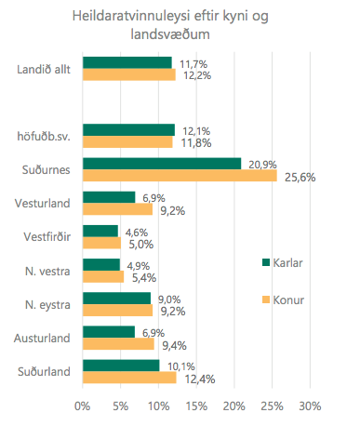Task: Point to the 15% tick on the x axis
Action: pos(196,406)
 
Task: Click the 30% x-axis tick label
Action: pos(310,406)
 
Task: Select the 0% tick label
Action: pos(82,406)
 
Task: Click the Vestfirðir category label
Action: pos(46,237)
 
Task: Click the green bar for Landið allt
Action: pos(127,62)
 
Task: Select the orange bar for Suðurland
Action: pos(129,377)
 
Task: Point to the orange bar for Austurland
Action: pos(118,343)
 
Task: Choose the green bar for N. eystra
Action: pos(116,298)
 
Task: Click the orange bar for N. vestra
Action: pos(102,276)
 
